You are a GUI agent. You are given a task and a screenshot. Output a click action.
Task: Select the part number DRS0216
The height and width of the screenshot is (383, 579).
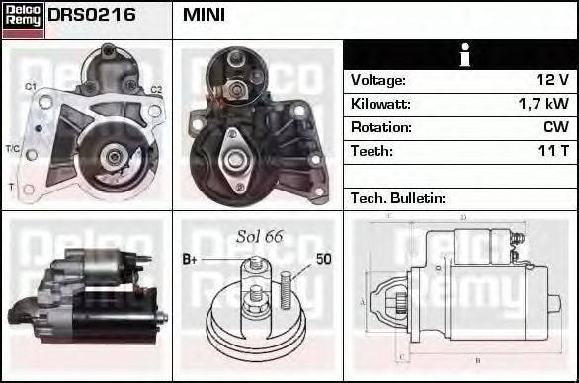(92, 16)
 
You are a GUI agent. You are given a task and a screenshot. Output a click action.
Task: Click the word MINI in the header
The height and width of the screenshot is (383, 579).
(204, 16)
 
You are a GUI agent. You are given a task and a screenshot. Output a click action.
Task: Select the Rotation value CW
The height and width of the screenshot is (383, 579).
(555, 127)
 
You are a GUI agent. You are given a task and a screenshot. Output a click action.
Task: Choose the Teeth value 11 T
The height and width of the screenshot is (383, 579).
(552, 151)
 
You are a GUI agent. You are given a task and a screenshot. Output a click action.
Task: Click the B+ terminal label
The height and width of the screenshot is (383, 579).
(192, 260)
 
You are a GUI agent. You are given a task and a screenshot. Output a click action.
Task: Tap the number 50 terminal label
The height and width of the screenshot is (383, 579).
(323, 260)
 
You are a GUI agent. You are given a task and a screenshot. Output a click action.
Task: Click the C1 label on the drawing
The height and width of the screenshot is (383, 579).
(31, 88)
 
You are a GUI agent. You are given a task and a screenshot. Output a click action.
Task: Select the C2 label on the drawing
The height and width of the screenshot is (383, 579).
(155, 90)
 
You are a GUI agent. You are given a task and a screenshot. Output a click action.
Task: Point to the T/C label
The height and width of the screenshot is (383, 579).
(12, 150)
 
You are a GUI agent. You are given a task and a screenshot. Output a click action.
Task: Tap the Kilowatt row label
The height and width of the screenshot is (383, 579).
(379, 104)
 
